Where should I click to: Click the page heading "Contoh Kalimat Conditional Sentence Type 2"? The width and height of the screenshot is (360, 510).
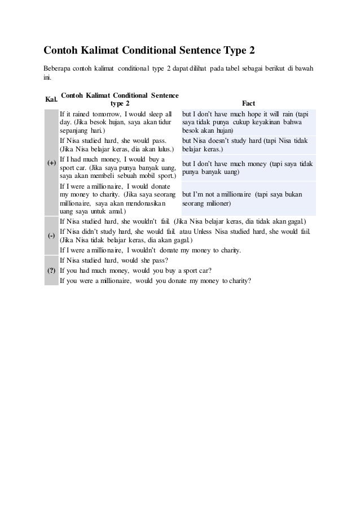coord(150,52)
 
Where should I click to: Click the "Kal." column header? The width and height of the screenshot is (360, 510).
coord(51,99)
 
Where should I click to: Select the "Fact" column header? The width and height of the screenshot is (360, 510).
coord(248,104)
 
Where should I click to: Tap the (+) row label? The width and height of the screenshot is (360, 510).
coord(51,163)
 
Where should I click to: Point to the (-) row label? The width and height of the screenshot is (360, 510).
coord(51,235)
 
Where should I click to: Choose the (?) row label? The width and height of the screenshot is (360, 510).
coord(51,271)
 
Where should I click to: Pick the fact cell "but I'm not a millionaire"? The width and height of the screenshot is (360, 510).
coord(241,199)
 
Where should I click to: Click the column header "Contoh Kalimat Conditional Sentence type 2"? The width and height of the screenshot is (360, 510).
coord(120,99)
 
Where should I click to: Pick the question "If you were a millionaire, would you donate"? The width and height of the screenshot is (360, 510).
coord(155,281)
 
